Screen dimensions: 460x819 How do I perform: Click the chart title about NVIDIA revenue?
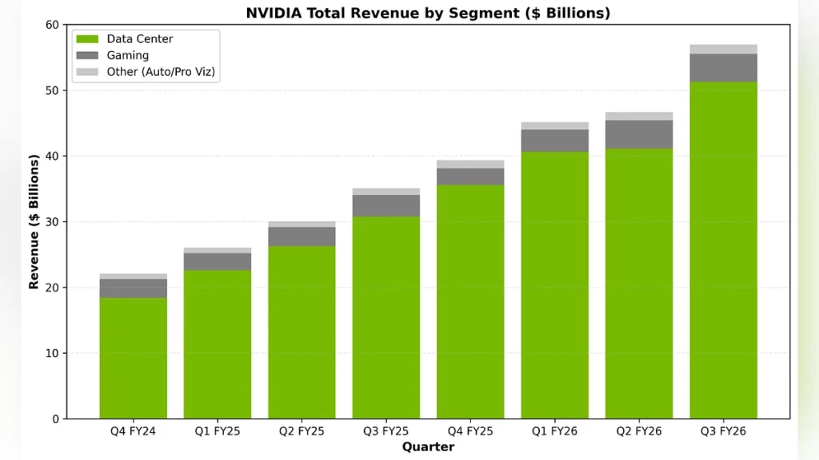click(427, 12)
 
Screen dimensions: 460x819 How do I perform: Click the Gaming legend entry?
click(128, 56)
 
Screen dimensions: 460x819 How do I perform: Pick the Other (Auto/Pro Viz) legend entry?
click(161, 72)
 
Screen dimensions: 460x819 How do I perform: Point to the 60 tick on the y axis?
click(52, 25)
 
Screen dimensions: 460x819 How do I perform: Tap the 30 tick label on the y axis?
click(52, 222)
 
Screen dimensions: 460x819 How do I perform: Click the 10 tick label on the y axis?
click(52, 353)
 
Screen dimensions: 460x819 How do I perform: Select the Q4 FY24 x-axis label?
click(133, 431)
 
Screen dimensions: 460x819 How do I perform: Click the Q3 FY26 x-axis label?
click(723, 431)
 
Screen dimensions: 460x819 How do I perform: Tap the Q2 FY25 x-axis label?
click(302, 431)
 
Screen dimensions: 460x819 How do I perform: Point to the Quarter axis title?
click(428, 446)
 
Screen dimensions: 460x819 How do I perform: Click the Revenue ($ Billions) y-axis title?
click(34, 222)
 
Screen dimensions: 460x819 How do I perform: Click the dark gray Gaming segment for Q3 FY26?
click(723, 68)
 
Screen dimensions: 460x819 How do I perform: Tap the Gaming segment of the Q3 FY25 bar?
click(386, 206)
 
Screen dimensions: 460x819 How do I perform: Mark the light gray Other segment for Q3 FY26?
click(723, 50)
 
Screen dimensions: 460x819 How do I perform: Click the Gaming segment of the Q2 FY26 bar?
click(639, 134)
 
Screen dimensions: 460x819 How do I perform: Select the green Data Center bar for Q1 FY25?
click(218, 344)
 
